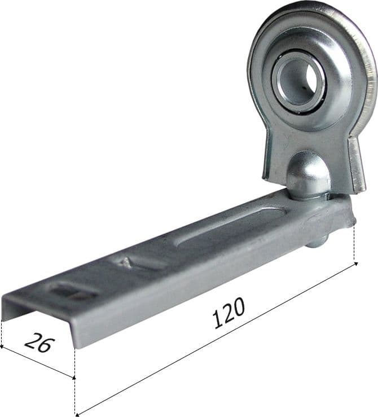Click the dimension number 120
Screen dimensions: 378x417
229,313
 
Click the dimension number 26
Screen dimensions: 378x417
39,343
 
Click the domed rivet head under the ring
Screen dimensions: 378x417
309,175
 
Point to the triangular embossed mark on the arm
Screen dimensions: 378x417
124,264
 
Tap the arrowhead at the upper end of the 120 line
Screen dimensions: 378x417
355,264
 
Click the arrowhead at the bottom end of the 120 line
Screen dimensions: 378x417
77,414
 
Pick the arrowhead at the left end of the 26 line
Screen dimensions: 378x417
1,346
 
